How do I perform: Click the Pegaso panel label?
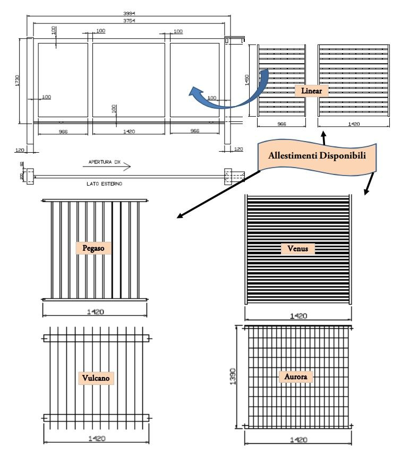point(93,248)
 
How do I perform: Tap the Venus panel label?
point(297,248)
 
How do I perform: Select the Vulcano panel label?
point(96,378)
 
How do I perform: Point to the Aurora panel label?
point(296,377)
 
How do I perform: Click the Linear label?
point(312,91)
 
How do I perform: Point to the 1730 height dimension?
point(18,81)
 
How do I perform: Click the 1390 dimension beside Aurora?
point(232,376)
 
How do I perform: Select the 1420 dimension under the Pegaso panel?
point(95,311)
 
